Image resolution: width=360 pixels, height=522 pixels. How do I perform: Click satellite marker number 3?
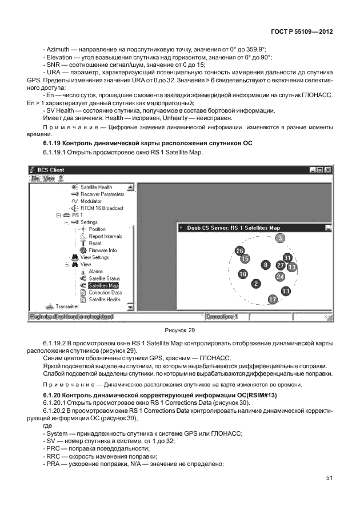tap(279, 238)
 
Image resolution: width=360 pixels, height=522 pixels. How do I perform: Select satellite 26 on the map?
tap(240, 251)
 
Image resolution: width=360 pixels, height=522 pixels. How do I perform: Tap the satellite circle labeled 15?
tap(245, 258)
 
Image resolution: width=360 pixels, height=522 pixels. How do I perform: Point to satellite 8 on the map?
tap(265, 265)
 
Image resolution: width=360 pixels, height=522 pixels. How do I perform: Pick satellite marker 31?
tap(288, 258)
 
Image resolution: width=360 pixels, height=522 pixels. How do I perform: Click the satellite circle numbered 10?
tap(243, 274)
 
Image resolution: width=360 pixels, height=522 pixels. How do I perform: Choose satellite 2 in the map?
tap(257, 284)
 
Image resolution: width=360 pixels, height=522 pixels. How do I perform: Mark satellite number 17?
tap(273, 300)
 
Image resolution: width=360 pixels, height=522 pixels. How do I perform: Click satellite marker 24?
tap(280, 276)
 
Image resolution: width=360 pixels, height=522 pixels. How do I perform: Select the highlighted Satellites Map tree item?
tap(103, 285)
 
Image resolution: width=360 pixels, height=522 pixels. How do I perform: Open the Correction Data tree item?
tap(105, 292)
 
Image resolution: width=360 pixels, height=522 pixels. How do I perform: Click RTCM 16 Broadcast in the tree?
tap(101, 208)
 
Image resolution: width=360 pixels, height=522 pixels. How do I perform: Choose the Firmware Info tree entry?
tap(102, 250)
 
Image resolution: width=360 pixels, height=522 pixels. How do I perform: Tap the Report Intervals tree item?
tap(105, 236)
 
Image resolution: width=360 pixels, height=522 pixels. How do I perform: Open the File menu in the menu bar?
tap(35, 178)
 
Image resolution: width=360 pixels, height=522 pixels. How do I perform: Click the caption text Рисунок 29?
tap(179, 329)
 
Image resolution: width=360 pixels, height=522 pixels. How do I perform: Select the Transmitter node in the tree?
tap(67, 306)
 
